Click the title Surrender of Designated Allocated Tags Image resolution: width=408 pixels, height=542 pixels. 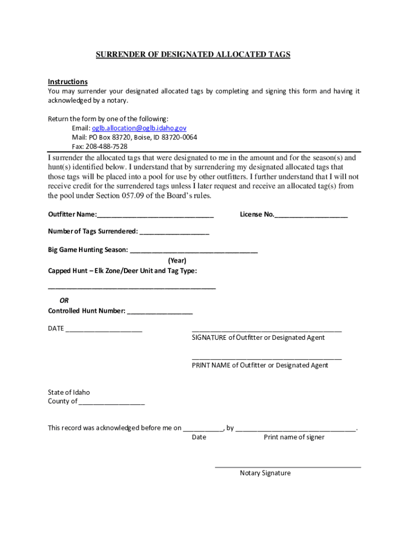point(193,55)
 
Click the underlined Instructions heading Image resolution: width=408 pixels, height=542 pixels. point(68,82)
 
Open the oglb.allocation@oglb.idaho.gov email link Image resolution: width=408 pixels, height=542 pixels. point(139,128)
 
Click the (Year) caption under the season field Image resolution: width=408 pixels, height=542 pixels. point(177,260)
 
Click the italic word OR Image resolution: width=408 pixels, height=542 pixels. point(64,300)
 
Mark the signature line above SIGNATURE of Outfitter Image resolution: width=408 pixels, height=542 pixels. point(267,330)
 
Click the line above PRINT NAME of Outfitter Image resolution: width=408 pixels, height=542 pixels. point(267,358)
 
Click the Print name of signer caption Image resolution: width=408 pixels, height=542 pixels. point(294,437)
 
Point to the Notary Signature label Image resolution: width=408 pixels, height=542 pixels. point(265,473)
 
